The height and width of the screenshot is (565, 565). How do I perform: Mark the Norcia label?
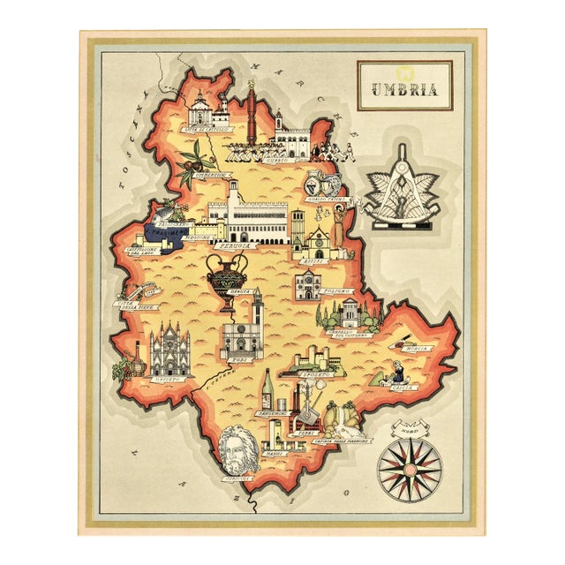click(418, 348)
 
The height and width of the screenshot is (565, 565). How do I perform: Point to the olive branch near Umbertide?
click(192, 163)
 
